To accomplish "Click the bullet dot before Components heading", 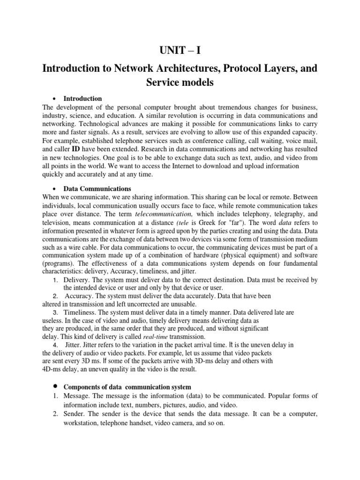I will click(55, 386).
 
